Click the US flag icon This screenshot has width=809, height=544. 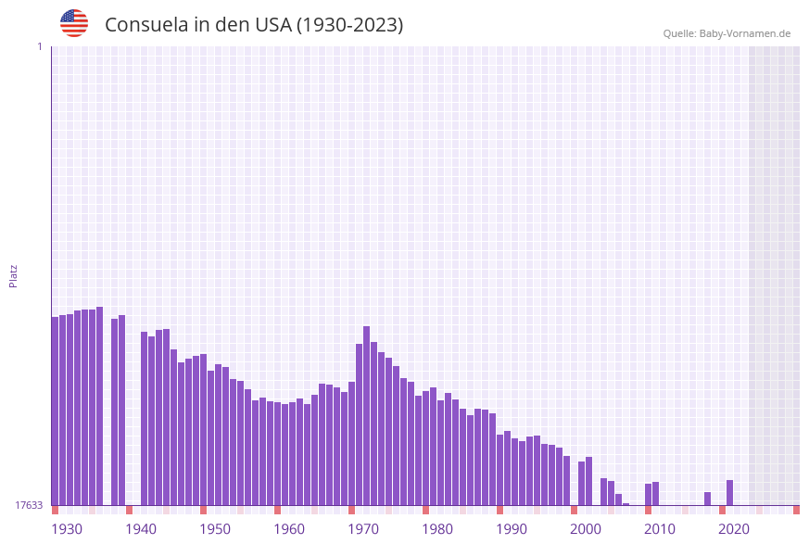point(74,23)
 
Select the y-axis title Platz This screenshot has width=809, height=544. point(13,275)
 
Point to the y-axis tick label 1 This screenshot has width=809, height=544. point(39,46)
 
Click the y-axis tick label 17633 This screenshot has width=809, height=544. point(29,505)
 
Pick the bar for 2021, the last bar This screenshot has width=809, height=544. point(730,492)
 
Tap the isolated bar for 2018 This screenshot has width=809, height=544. point(708,499)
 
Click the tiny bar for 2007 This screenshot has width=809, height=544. point(626,504)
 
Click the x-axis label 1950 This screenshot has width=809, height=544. point(215,529)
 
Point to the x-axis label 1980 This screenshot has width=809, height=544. point(437,529)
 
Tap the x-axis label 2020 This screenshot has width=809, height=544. point(734,529)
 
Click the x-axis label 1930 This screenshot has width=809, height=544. point(67,529)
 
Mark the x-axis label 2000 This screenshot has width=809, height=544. point(586,529)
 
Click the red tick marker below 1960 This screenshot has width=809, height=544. point(278,510)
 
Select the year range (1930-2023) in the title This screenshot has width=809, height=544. point(349,25)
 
